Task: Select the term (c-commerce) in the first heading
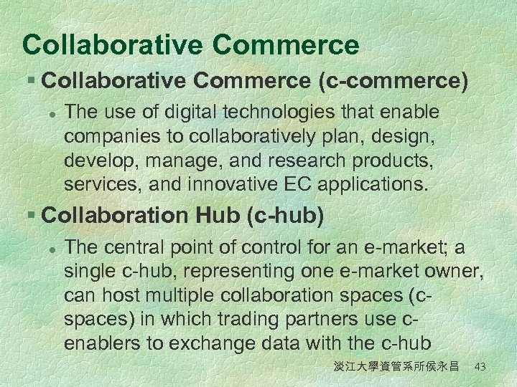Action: click(393, 81)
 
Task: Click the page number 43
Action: click(480, 367)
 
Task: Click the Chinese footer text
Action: click(396, 367)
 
